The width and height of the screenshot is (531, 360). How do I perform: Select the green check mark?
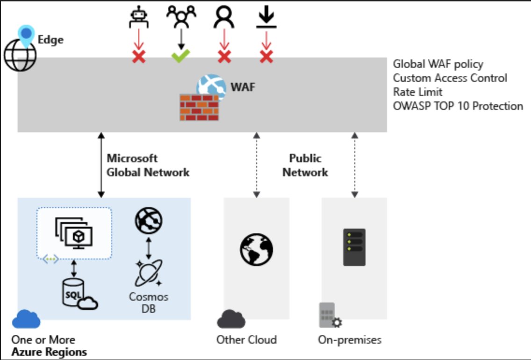[179, 57]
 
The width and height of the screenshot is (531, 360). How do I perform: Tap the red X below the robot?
[139, 57]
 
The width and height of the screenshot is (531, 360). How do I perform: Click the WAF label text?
[243, 87]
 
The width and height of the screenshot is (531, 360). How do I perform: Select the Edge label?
[50, 40]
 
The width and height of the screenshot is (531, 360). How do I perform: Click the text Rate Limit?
[417, 92]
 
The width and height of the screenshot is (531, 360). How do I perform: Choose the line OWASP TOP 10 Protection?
[458, 106]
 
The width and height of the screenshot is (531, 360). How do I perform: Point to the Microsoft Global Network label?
[148, 166]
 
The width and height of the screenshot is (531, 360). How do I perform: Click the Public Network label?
[305, 166]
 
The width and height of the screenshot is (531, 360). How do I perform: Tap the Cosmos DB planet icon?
[148, 274]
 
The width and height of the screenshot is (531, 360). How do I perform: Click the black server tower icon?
[354, 247]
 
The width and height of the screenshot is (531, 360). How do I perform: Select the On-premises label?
[350, 339]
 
